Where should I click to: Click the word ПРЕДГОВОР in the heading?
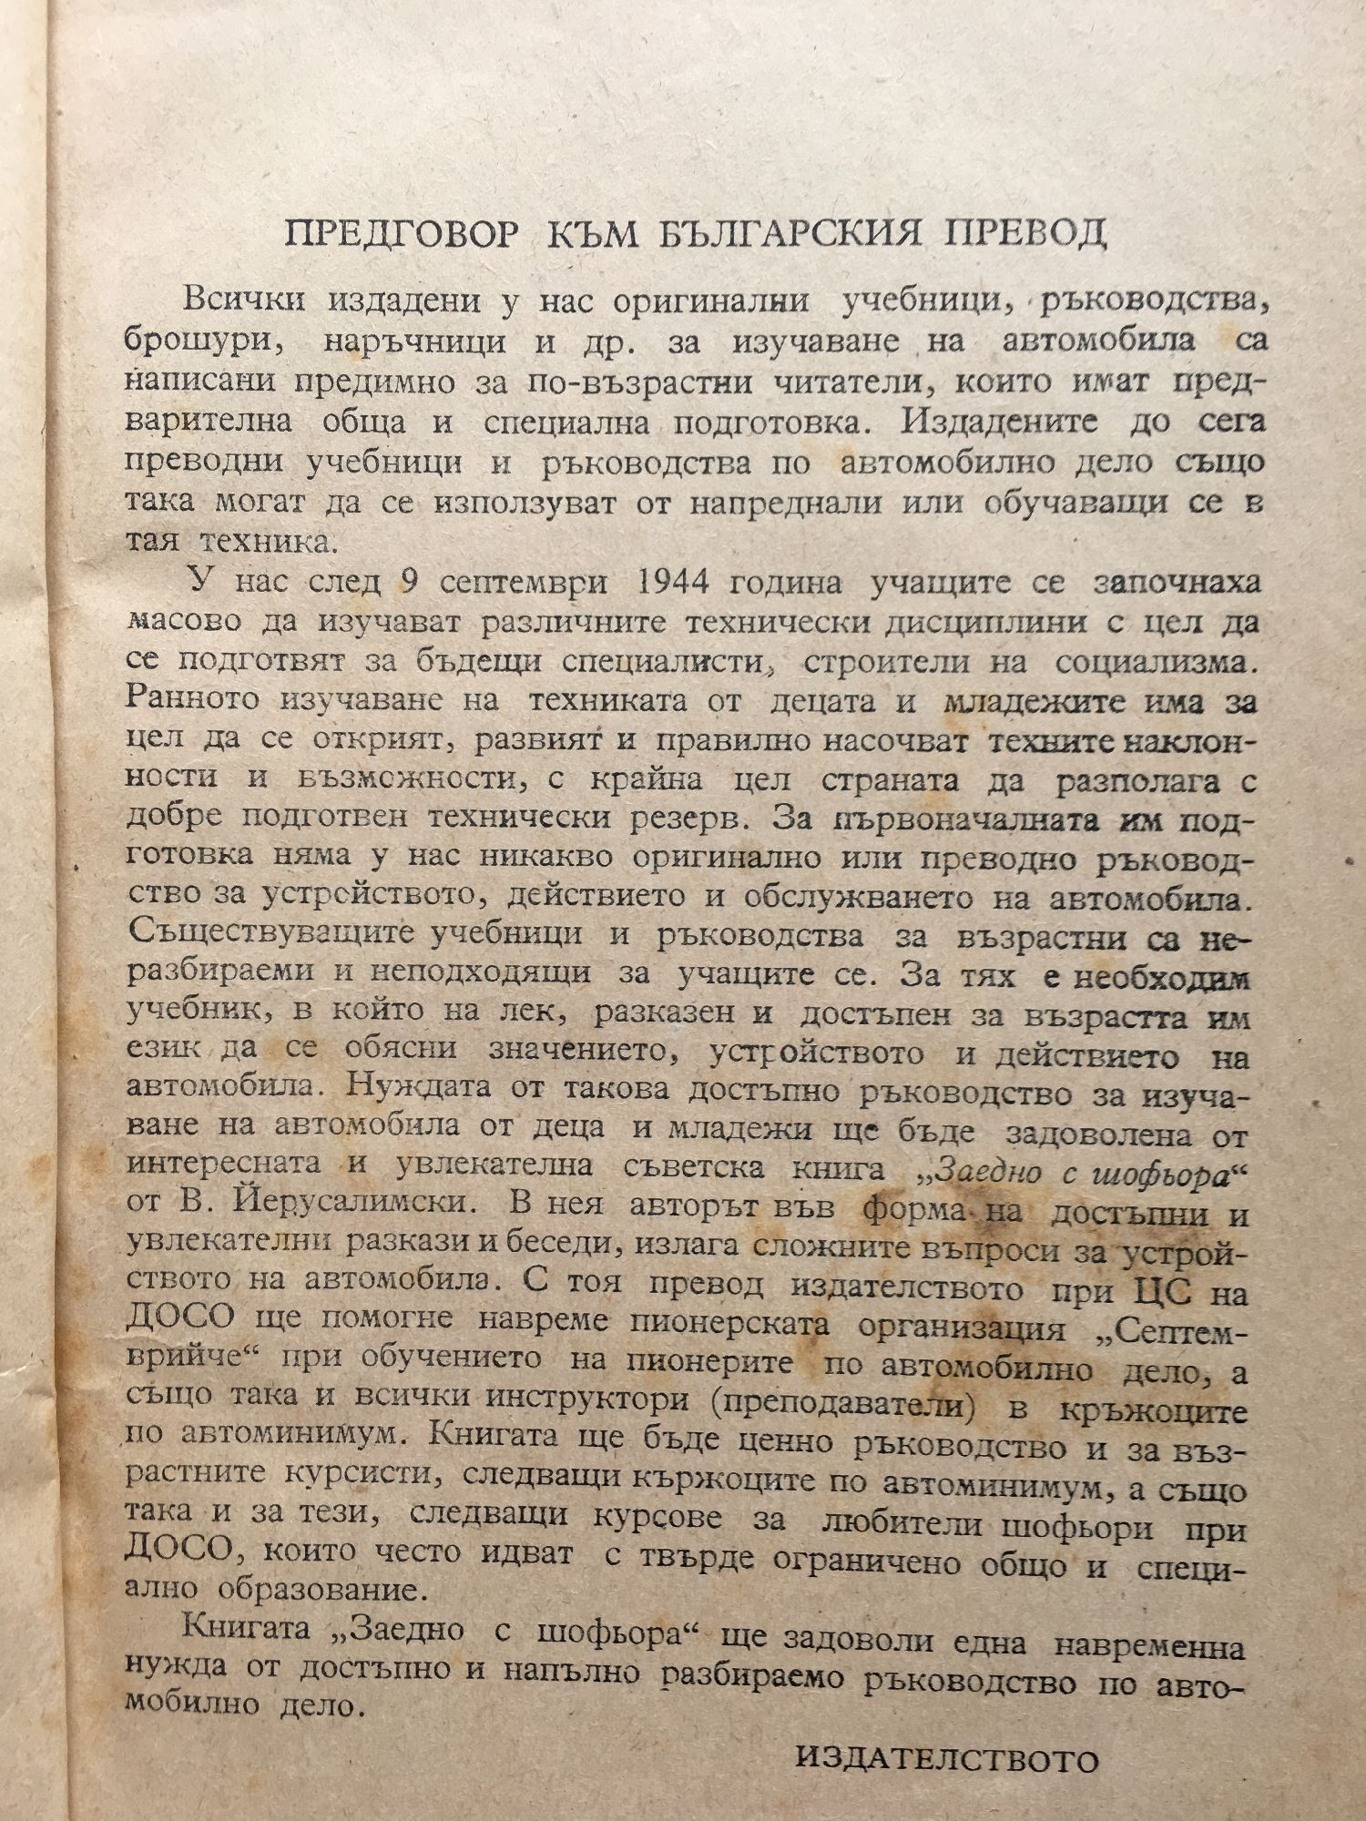pyautogui.click(x=403, y=235)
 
